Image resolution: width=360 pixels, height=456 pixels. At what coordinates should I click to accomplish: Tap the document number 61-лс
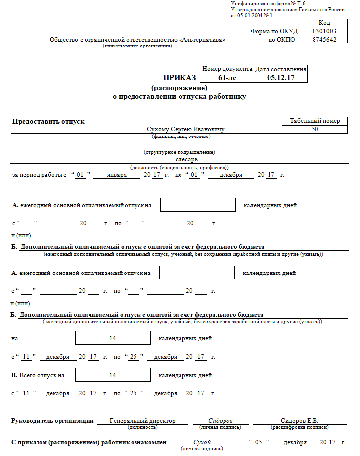(227, 78)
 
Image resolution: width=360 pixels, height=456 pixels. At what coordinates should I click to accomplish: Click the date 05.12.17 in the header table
(280, 78)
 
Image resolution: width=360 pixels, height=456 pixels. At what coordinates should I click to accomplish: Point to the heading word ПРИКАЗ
(180, 78)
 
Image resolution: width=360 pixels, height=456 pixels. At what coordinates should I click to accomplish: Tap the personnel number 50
(315, 129)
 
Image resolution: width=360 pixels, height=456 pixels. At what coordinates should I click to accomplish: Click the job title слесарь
(186, 159)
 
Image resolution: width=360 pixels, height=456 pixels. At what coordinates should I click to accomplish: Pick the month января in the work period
(117, 175)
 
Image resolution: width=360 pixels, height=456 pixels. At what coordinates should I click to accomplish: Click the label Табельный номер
(315, 121)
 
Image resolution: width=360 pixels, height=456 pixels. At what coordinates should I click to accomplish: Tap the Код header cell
(324, 23)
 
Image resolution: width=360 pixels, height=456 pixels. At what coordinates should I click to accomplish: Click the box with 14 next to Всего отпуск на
(113, 375)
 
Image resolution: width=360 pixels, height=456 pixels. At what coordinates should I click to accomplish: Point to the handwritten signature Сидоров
(221, 421)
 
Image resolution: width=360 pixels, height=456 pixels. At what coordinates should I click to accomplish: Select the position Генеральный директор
(142, 421)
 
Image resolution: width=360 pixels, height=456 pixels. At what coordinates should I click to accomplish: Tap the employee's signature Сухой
(202, 442)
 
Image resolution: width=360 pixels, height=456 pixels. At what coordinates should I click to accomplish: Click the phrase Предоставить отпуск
(48, 121)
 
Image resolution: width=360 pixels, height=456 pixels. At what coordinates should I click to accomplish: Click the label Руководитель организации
(52, 421)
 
